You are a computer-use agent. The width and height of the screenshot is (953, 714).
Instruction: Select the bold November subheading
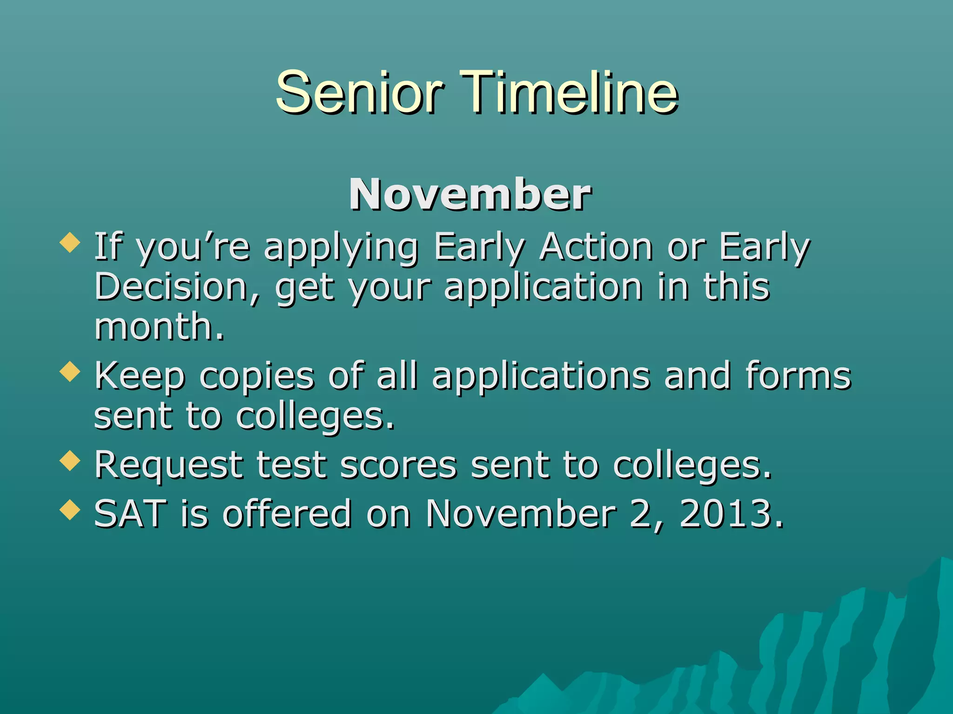coord(470,195)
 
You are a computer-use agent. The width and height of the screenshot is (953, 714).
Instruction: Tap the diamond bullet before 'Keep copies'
coord(70,371)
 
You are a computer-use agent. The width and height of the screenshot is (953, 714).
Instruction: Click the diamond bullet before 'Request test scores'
coord(70,460)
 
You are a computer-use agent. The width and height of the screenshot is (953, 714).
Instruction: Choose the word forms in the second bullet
coord(798,376)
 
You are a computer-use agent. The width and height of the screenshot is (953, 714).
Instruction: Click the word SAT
coord(130,514)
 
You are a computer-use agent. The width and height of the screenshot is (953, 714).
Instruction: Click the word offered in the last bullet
coord(287,514)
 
